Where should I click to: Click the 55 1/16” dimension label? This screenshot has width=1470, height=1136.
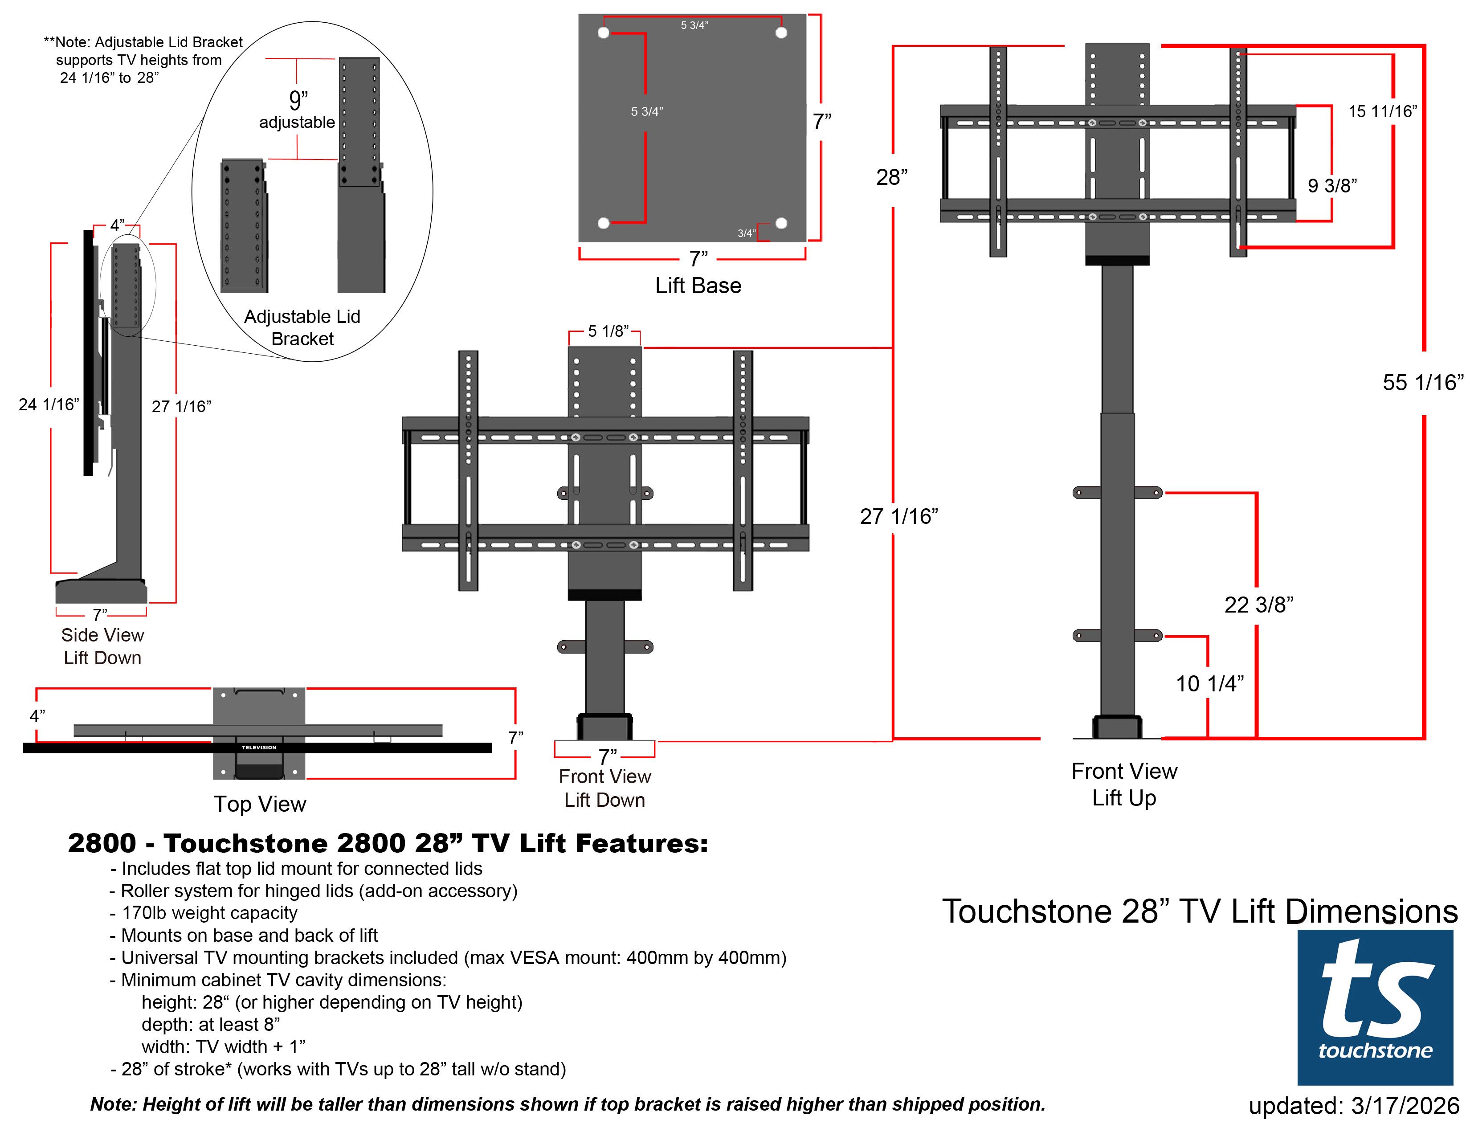[x=1422, y=382]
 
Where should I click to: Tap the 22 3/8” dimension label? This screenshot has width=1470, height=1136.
[x=1258, y=605]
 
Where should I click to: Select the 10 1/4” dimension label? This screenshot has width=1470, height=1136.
[x=1209, y=683]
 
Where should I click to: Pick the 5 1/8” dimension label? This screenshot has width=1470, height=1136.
[x=608, y=331]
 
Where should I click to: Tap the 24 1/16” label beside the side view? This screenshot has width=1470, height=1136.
[x=49, y=405]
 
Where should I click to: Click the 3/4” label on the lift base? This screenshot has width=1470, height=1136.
[x=746, y=233]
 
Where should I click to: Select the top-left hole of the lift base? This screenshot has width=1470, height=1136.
[x=603, y=33]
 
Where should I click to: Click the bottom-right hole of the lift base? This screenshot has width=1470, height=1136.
[x=781, y=223]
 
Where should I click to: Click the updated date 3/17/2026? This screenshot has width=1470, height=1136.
[x=1354, y=1106]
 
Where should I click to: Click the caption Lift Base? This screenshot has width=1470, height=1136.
[x=698, y=286]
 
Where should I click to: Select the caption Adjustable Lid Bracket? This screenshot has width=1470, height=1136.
[x=302, y=327]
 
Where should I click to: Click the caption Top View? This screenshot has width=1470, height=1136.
[x=259, y=804]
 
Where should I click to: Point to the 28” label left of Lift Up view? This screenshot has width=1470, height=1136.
[x=891, y=177]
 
